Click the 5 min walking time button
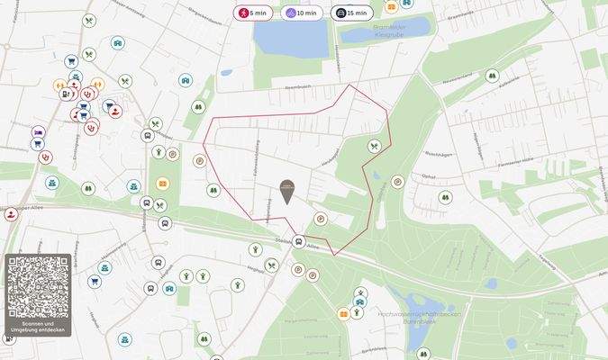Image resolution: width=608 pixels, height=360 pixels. point(255,13)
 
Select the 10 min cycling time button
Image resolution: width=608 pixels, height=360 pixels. point(303,13)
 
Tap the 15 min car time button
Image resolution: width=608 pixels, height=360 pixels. point(351,13)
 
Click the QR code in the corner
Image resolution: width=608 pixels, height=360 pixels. point(37,286)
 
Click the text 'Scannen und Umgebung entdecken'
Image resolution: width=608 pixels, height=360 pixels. point(37,327)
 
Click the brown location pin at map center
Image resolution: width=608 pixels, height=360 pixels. point(286,188)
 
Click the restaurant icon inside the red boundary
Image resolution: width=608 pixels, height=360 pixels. point(374,146)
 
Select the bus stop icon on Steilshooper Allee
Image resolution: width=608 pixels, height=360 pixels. point(297,241)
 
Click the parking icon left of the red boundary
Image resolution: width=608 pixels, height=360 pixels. point(200,161)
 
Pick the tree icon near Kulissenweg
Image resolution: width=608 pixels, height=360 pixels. point(492,76)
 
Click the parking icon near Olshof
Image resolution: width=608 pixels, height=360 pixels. point(397,182)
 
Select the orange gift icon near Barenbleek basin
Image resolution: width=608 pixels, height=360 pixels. point(343,313)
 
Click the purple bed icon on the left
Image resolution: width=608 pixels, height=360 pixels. point(38,131)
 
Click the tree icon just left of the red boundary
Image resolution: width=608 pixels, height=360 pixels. point(213,190)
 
